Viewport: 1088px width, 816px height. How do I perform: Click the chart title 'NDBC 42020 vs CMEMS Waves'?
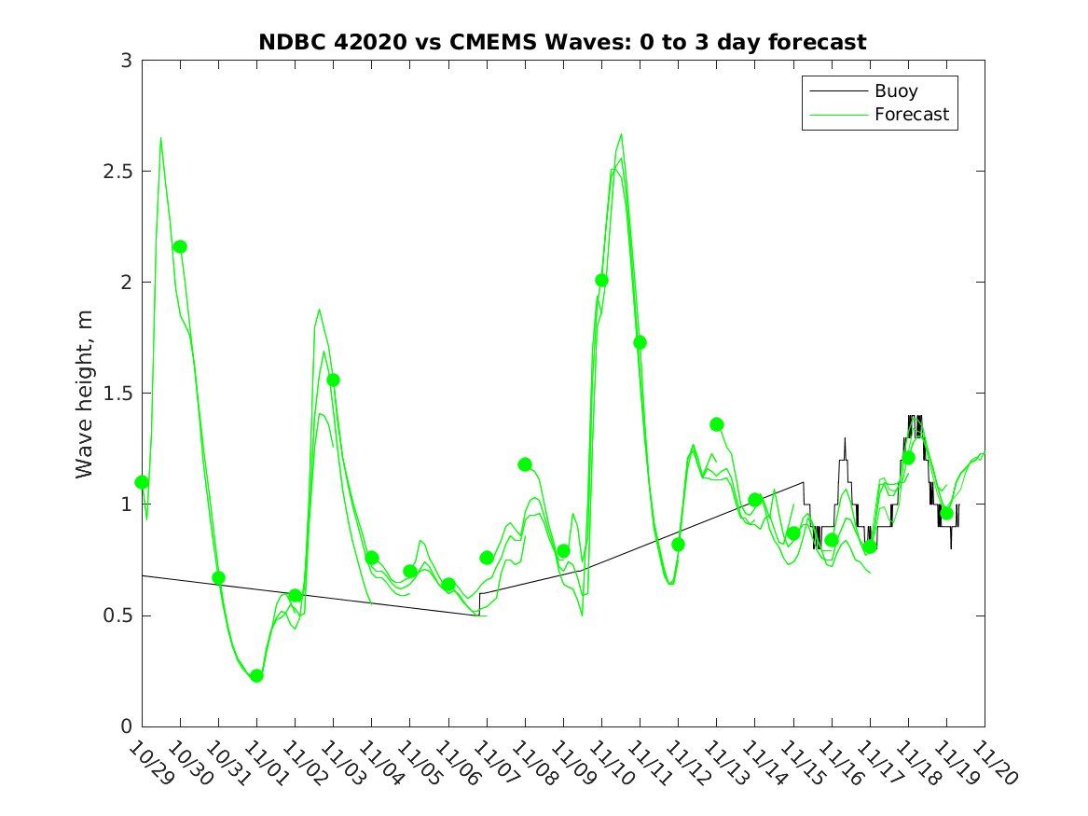coord(562,42)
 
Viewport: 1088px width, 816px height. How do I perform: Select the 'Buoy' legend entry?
coord(895,90)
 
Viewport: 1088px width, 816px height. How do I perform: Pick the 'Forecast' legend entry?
coord(911,114)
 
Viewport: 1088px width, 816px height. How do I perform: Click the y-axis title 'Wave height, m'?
coord(85,394)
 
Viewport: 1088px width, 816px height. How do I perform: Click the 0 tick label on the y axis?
coord(125,726)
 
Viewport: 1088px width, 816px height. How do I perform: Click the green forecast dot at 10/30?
coord(180,246)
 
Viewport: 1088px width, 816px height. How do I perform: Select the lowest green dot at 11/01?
coord(256,675)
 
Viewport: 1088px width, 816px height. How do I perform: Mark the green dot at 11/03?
coord(333,380)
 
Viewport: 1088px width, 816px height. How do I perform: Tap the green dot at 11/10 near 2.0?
coord(601,280)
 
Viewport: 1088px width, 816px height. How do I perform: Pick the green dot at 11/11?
coord(640,342)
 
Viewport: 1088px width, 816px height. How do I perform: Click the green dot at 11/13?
coord(716,424)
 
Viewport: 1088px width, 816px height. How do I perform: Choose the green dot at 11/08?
coord(525,464)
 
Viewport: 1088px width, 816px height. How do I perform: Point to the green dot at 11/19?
coord(946,513)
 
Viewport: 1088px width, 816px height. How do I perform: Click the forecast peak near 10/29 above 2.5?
coord(160,139)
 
